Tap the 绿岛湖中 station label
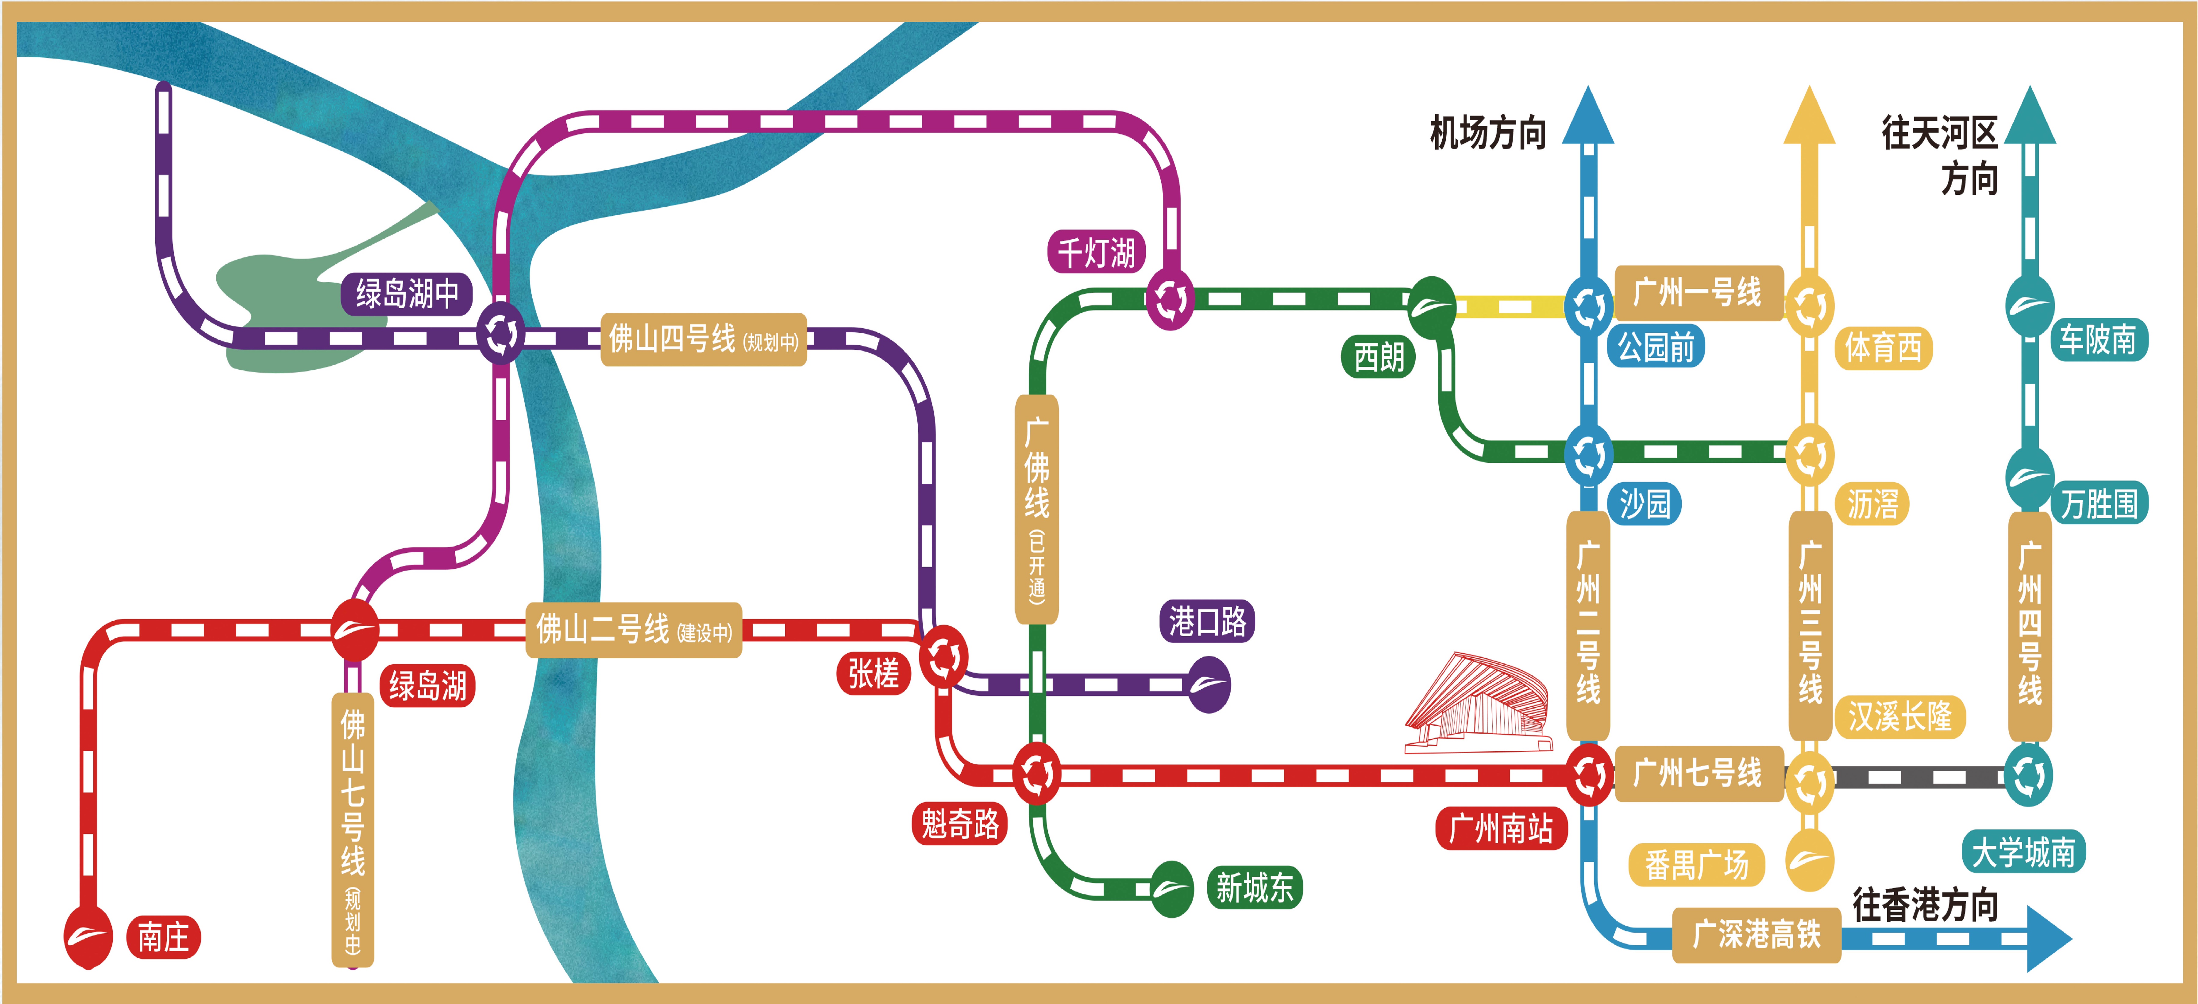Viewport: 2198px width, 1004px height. coord(407,294)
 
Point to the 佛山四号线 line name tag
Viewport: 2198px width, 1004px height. coord(703,340)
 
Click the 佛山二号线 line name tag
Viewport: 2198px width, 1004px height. coord(633,630)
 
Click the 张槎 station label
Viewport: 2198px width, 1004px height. coord(873,673)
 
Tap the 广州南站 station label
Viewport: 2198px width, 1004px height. coord(1501,827)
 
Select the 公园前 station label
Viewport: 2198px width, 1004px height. coord(1656,346)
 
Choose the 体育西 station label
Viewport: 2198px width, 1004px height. coord(1882,348)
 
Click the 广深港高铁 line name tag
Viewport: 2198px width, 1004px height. coord(1756,935)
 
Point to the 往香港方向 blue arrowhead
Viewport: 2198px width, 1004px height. coord(2048,938)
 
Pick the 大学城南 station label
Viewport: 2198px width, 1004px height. coord(2023,851)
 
